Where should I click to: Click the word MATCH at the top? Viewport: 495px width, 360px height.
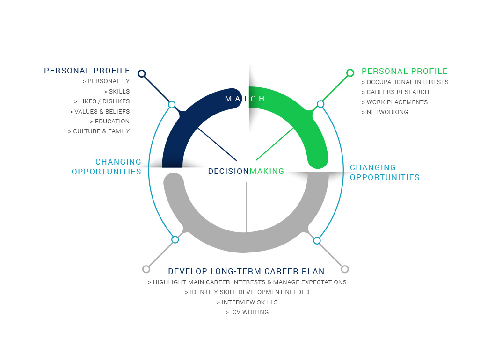(x=245, y=99)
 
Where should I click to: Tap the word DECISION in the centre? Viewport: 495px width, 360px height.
(x=228, y=171)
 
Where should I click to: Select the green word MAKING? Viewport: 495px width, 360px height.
(x=267, y=171)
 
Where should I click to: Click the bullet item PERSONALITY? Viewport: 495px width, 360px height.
(x=106, y=81)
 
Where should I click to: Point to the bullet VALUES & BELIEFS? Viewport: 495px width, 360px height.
(x=100, y=112)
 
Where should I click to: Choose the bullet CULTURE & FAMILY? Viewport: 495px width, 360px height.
(x=99, y=131)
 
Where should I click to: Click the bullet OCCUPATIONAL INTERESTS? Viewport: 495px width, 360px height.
(x=405, y=82)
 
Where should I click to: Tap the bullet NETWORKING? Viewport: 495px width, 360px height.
(x=385, y=112)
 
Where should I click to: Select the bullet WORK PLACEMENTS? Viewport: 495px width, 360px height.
(x=395, y=102)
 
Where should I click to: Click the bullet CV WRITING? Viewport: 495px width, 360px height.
(x=247, y=312)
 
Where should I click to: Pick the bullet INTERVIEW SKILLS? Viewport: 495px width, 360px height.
(x=247, y=302)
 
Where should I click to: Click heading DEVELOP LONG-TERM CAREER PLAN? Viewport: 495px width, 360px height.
(x=246, y=271)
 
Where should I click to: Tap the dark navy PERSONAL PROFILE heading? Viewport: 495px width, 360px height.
(x=87, y=71)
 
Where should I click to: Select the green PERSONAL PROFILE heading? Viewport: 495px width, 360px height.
(x=405, y=72)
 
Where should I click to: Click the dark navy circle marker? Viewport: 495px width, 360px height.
(x=142, y=73)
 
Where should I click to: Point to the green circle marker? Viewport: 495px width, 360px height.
(x=350, y=73)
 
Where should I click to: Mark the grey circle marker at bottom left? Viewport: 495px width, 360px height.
(x=146, y=269)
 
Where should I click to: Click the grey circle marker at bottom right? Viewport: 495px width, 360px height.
(x=345, y=269)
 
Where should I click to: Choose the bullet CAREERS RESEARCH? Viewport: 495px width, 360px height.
(x=395, y=92)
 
